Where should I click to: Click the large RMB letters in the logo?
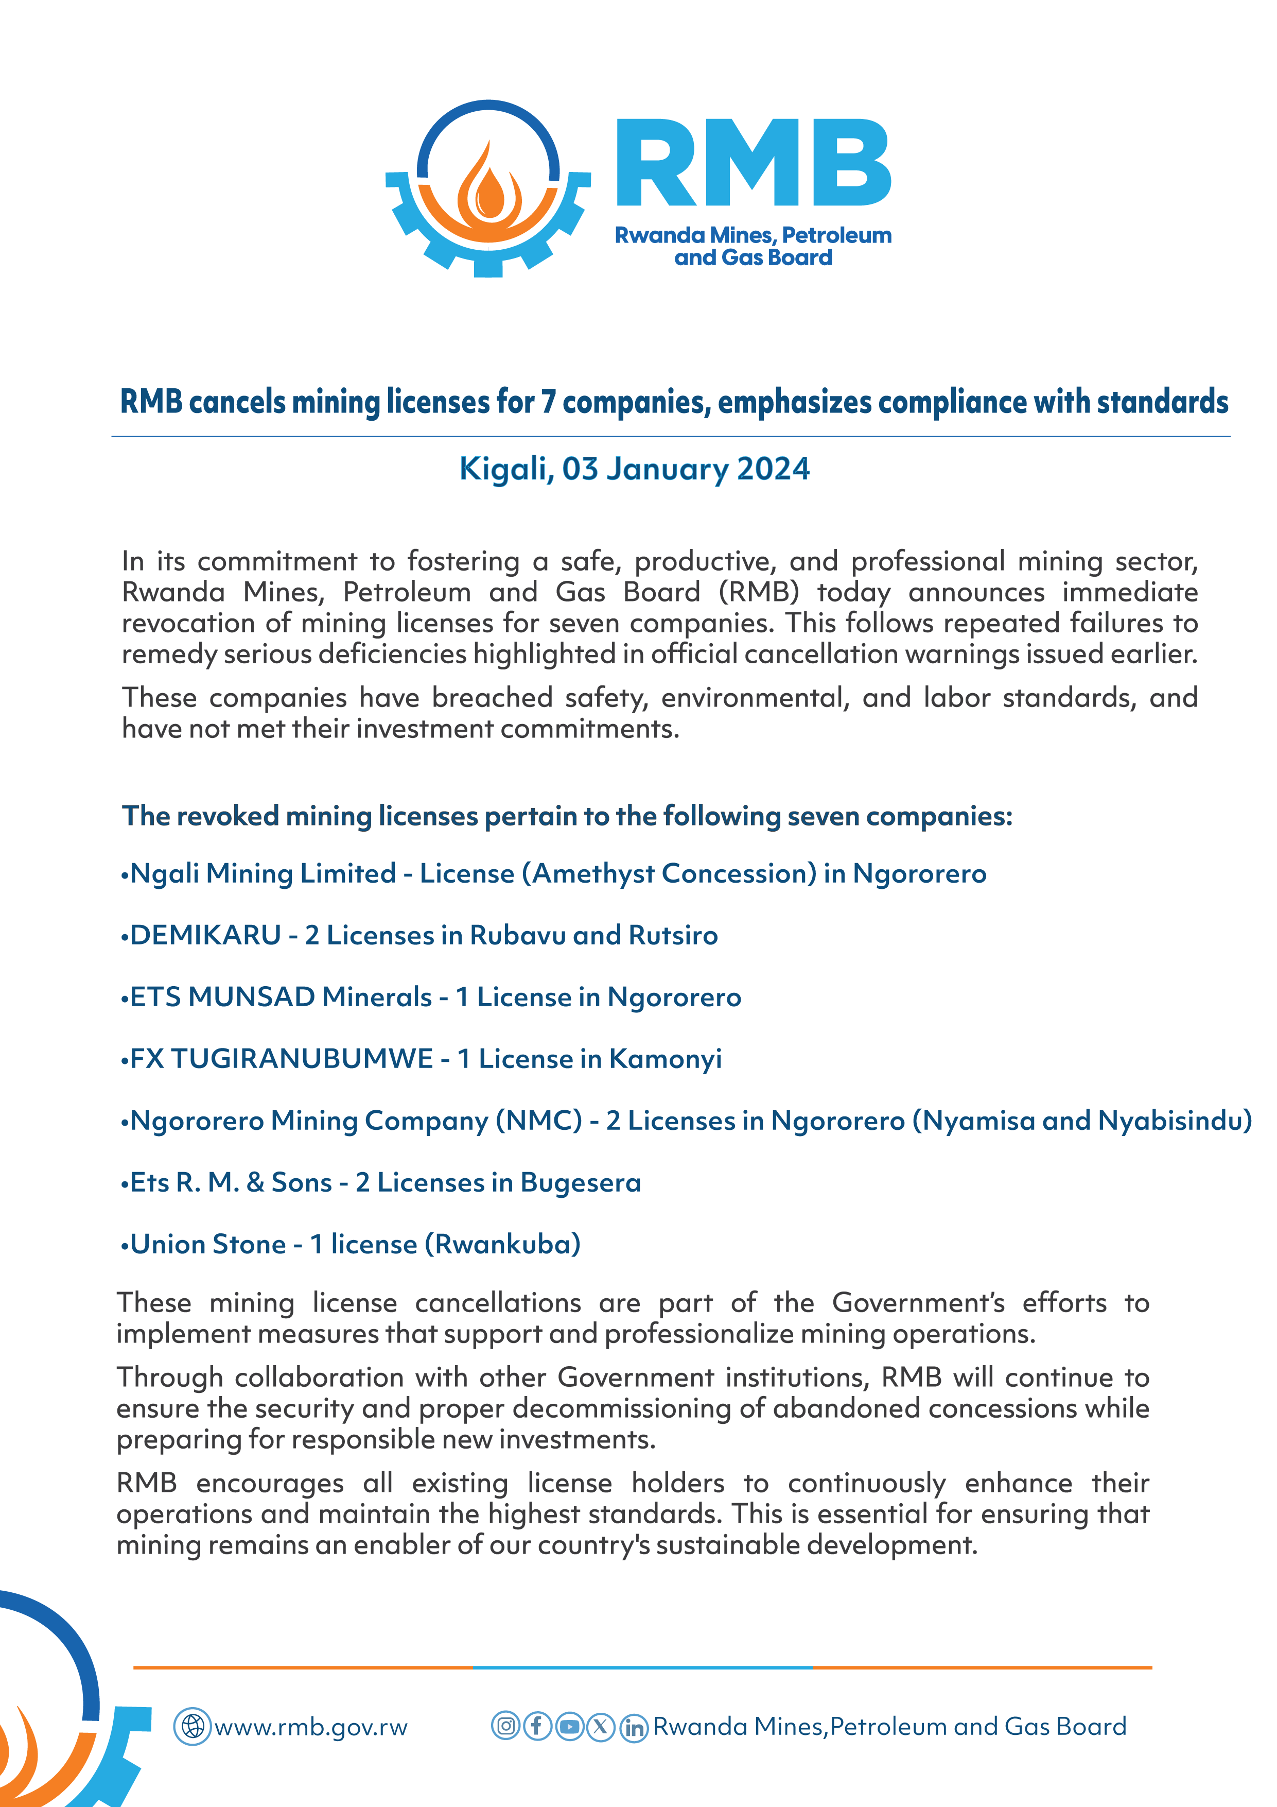(x=753, y=164)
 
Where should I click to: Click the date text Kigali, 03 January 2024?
(x=634, y=469)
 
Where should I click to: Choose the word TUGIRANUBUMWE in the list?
(x=302, y=1059)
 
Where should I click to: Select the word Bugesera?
(x=581, y=1183)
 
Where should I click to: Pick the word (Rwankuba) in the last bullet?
(x=503, y=1244)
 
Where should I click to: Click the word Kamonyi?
(x=666, y=1059)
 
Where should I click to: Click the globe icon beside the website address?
(x=192, y=1727)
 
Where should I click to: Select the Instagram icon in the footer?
(x=506, y=1726)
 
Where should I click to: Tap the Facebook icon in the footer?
(x=537, y=1726)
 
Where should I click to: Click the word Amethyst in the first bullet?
(x=593, y=873)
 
